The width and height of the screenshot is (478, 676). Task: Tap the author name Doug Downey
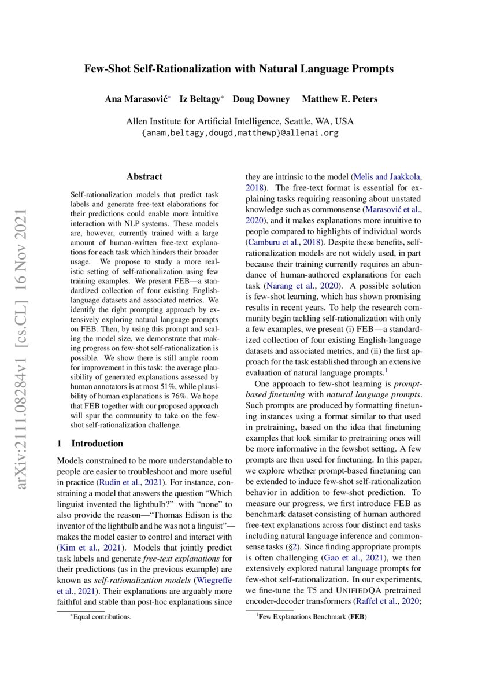click(x=261, y=99)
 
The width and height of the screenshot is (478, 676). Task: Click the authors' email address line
click(x=240, y=132)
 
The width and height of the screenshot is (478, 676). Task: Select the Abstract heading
click(x=144, y=176)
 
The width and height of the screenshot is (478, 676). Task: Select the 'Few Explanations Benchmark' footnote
click(x=312, y=616)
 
